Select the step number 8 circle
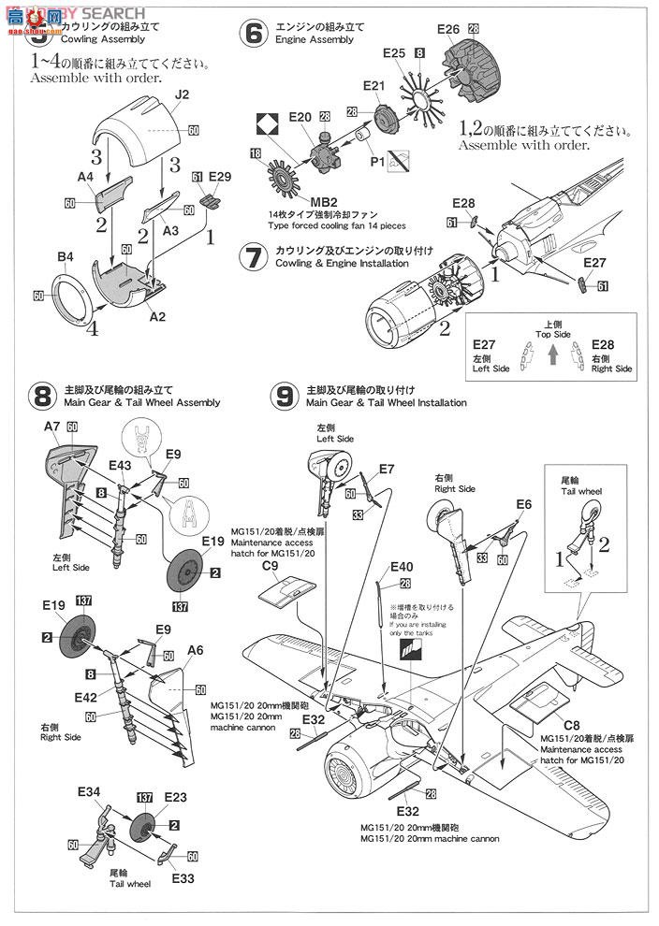(40, 397)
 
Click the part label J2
(182, 94)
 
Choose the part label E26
(448, 29)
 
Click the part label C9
(271, 565)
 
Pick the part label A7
(52, 426)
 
